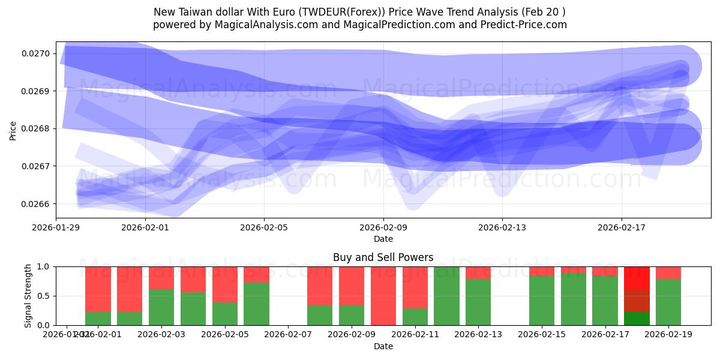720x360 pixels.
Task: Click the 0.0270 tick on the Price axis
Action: pos(38,54)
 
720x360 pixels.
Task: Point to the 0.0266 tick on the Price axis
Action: pos(38,204)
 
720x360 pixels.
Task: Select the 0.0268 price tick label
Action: pos(38,129)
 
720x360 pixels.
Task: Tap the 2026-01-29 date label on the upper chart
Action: pos(56,228)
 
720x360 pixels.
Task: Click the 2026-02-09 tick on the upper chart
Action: pos(383,228)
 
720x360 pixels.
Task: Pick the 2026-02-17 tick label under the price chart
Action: pos(622,228)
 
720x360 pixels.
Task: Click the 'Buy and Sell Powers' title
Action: pos(383,257)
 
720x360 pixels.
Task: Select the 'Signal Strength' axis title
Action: pos(28,296)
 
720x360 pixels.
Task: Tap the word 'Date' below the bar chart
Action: pos(383,346)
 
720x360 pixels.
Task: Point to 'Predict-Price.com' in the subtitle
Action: pos(527,25)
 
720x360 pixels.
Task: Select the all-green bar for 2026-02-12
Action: pos(446,296)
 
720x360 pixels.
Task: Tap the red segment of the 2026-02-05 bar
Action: pos(224,284)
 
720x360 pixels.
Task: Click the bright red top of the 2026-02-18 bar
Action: pos(637,277)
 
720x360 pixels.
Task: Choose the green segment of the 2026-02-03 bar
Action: pos(161,307)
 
